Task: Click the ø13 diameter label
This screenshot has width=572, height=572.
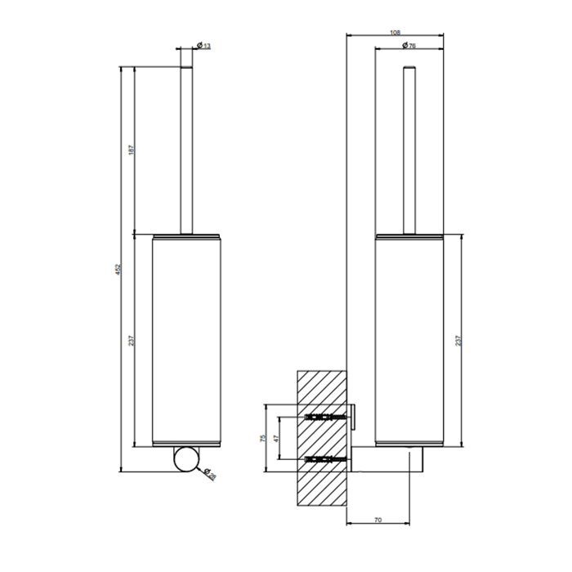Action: tap(204, 47)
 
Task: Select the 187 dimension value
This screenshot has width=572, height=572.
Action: tap(132, 150)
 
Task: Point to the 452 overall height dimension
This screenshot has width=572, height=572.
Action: tap(118, 269)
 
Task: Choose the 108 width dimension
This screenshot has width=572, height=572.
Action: tap(395, 32)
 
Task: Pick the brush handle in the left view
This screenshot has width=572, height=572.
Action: tap(185, 147)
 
